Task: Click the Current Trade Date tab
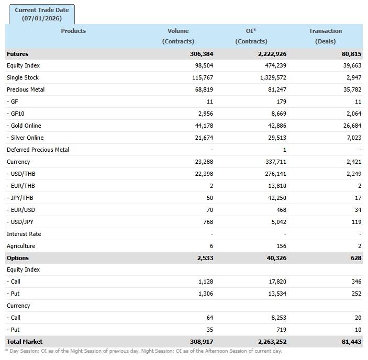click(x=42, y=14)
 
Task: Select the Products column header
click(x=73, y=31)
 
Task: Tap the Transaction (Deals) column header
click(x=325, y=36)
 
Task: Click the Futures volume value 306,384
click(x=202, y=54)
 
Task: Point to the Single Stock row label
click(x=23, y=77)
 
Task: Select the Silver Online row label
click(x=26, y=138)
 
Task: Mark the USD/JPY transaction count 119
click(x=356, y=222)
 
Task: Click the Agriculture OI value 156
click(x=281, y=246)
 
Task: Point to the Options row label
click(x=18, y=258)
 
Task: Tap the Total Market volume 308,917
click(x=202, y=342)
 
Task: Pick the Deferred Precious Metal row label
click(x=38, y=150)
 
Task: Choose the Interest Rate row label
click(x=24, y=234)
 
